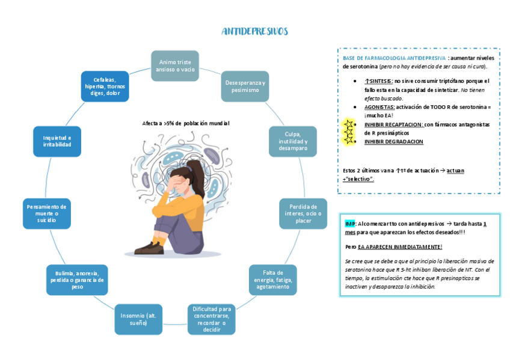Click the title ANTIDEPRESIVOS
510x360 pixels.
tap(254, 31)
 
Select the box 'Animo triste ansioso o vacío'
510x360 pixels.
tap(175, 66)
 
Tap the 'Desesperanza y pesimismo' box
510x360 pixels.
tap(245, 86)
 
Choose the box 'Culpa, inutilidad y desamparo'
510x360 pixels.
tap(292, 141)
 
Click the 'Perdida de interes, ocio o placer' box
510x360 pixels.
tap(303, 213)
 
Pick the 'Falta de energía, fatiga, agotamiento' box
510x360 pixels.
tap(272, 279)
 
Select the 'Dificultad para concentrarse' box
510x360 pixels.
tap(211, 319)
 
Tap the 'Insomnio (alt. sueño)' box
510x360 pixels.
tap(138, 319)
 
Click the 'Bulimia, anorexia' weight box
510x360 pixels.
tap(77, 279)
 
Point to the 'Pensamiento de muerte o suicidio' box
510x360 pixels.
tap(46, 213)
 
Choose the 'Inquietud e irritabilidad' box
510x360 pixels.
tap(57, 141)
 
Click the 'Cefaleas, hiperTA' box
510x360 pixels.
tap(105, 87)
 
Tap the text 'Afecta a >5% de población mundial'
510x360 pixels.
tap(186, 123)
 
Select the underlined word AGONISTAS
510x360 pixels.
tap(379, 106)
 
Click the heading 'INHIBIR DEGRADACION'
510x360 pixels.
tap(393, 142)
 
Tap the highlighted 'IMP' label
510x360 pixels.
tap(349, 223)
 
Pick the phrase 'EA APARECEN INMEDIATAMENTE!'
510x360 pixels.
tap(400, 246)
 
